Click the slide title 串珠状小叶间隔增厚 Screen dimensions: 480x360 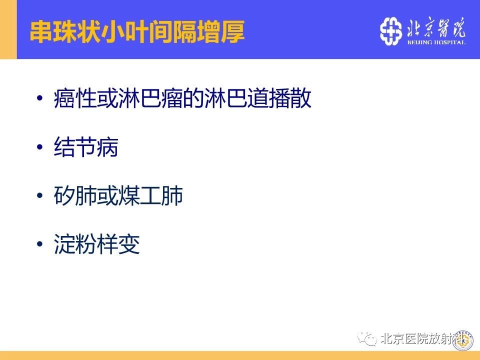(137, 31)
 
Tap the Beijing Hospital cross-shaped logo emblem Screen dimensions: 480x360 (390, 31)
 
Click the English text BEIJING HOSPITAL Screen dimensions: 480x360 (436, 42)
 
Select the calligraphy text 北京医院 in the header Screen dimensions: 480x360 (436, 27)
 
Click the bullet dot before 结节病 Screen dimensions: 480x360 (39, 147)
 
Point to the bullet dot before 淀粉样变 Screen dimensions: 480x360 (39, 244)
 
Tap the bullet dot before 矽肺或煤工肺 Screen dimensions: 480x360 (39, 195)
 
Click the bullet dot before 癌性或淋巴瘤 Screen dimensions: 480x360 (39, 98)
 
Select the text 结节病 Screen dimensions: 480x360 (86, 147)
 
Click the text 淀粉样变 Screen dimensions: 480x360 (96, 244)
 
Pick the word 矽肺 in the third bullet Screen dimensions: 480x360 (75, 195)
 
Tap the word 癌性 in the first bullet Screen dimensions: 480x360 (75, 98)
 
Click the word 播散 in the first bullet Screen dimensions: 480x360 (290, 98)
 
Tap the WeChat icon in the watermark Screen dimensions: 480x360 (367, 338)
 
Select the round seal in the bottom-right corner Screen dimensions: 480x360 (463, 340)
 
